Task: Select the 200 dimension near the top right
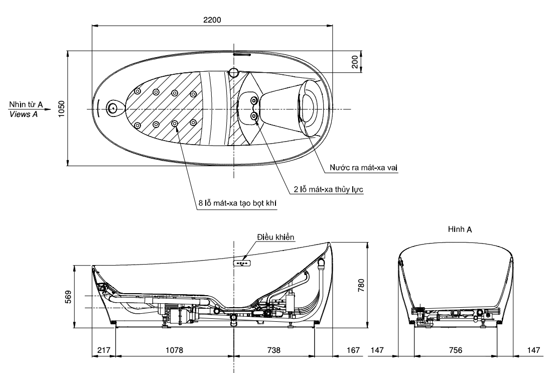click(x=354, y=62)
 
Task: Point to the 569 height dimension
click(x=69, y=296)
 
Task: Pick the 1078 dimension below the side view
click(x=174, y=350)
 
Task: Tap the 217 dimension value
click(x=103, y=350)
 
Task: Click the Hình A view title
click(x=460, y=229)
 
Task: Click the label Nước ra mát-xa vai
click(x=364, y=167)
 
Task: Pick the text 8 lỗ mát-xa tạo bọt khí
click(x=237, y=203)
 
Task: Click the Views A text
click(x=23, y=114)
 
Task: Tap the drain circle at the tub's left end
click(x=113, y=108)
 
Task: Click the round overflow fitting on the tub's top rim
click(x=234, y=72)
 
